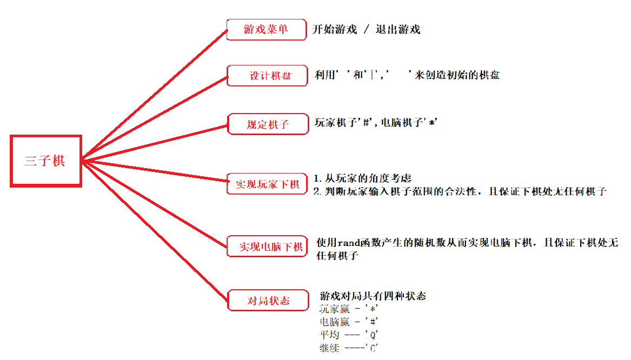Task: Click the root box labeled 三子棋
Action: [45, 161]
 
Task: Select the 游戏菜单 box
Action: [266, 30]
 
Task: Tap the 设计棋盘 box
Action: [268, 76]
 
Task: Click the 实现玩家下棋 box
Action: [267, 184]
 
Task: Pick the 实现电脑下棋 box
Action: [267, 247]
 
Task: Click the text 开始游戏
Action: [335, 30]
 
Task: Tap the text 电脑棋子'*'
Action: [409, 123]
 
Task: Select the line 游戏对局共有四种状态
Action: [373, 296]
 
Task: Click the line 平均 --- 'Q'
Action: [349, 335]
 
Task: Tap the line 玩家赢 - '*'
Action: [349, 309]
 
